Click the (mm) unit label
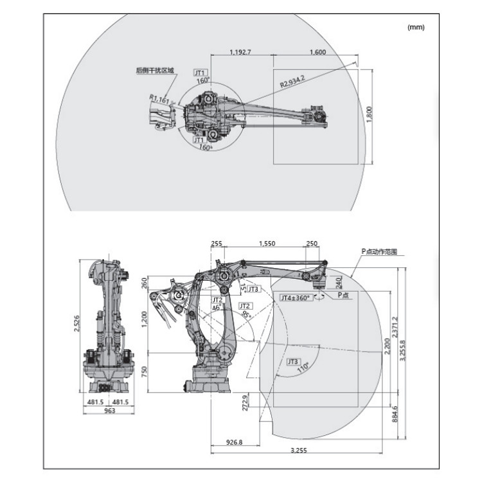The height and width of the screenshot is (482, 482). (416, 27)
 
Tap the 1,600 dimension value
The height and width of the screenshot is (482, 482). (317, 51)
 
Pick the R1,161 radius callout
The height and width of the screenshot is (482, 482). (159, 99)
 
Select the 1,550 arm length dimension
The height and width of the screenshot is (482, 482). (267, 244)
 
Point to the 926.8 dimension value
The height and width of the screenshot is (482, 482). (234, 443)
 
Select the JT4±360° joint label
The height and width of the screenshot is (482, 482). (296, 298)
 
